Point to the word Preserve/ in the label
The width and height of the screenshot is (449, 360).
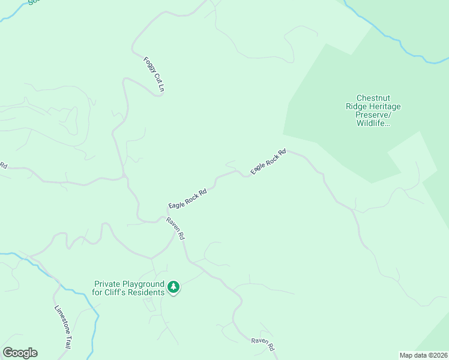point(373,115)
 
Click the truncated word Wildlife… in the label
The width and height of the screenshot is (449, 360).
point(373,123)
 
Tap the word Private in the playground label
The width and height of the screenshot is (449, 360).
point(107,284)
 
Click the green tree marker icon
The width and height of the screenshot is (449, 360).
point(173,287)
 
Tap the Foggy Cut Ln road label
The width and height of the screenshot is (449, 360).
point(154,74)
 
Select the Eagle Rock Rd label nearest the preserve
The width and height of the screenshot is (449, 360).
point(268,161)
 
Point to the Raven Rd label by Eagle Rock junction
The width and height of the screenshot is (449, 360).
point(176,229)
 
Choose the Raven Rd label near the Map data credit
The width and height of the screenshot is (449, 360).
point(264,344)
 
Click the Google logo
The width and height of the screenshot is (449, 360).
point(20,353)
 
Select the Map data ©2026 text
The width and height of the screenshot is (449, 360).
point(423,355)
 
